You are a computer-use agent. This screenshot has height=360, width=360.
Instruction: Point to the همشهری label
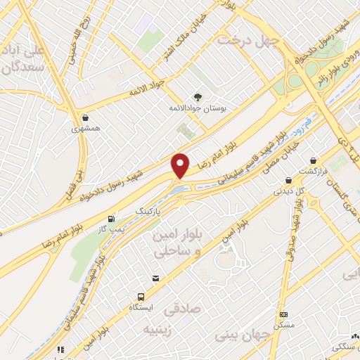coord(86,129)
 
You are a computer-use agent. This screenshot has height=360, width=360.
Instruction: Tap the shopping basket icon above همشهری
coord(85,118)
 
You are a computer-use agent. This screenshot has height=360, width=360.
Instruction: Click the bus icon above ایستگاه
coord(142,296)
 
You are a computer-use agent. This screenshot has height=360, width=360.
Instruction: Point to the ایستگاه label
coord(143,308)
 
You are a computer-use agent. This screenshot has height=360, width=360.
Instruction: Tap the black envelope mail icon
coord(155,279)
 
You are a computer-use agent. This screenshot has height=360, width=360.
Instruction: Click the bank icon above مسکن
coord(283,314)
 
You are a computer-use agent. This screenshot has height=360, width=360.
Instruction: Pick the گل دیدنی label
coord(284,189)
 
